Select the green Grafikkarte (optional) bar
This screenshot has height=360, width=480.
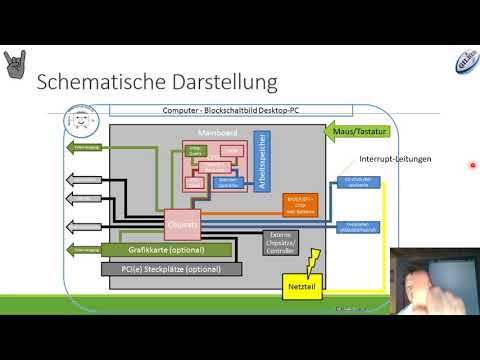tap(166, 248)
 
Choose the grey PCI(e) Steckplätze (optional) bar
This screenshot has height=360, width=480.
tap(173, 268)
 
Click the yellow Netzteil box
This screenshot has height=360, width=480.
tap(297, 287)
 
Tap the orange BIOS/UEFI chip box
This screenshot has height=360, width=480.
tap(300, 204)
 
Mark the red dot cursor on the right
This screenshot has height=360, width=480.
tap(472, 166)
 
